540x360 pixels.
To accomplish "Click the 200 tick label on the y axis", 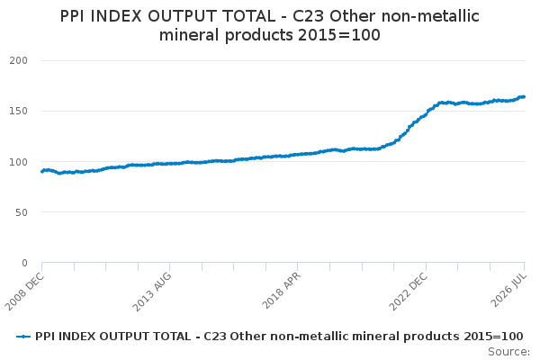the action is [19, 60].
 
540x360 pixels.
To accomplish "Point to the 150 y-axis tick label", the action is [19, 111].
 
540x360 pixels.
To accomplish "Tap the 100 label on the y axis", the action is [19, 162].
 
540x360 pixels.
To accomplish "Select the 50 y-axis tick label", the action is [22, 212].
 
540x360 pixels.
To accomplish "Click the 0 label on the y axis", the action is [24, 263].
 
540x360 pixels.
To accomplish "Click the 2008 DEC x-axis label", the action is [24, 291].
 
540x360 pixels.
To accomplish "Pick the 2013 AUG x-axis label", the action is [152, 292].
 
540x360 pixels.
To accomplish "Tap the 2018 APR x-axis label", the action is [282, 291].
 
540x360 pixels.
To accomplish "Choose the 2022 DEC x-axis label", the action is [408, 292].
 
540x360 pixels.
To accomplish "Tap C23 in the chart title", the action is [308, 16].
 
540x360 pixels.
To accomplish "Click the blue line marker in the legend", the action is [23, 337].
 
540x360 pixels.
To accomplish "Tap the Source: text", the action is [509, 352].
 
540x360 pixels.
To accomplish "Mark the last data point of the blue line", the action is [524, 97].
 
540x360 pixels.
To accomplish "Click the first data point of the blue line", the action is [42, 171].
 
